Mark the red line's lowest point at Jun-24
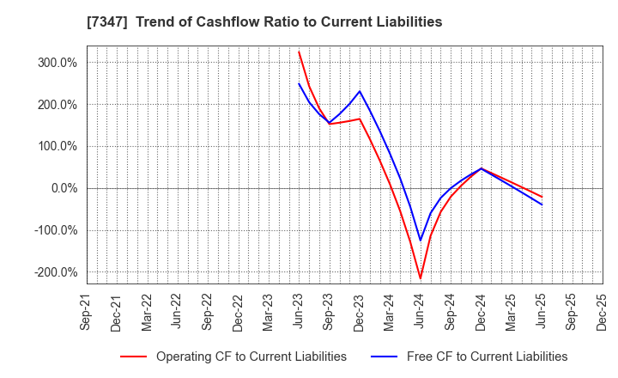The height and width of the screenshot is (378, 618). click(x=421, y=278)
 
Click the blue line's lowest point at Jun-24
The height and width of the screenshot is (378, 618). click(x=421, y=241)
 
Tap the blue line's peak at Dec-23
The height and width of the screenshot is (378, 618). click(x=360, y=91)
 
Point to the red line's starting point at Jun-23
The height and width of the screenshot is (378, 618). click(x=299, y=52)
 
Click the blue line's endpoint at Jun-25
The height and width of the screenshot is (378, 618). click(x=542, y=204)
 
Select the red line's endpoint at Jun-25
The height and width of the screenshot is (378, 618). click(x=542, y=197)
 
